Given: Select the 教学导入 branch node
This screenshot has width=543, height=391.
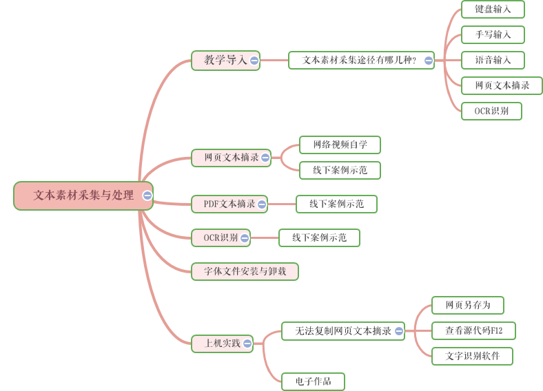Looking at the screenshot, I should click(221, 60).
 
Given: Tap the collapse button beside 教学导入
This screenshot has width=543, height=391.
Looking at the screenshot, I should click(254, 61).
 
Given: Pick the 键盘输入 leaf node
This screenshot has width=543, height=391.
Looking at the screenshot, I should click(493, 9).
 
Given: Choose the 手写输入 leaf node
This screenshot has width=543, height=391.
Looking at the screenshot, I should click(493, 34).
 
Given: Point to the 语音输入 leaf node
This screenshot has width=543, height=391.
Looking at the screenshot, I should click(493, 60).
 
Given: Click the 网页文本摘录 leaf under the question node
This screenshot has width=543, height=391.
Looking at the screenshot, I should click(502, 85).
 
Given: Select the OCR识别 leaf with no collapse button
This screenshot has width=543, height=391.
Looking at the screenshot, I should click(491, 111).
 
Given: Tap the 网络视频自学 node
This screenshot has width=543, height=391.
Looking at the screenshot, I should click(340, 145).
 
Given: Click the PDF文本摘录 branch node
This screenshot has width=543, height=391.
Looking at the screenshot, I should click(225, 204).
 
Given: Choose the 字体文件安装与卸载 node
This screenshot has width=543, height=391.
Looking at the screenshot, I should click(245, 271).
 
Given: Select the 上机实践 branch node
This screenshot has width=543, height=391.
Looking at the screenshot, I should click(218, 343).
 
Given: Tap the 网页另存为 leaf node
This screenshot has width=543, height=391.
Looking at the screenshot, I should click(467, 305).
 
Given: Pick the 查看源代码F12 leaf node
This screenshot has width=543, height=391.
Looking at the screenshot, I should click(473, 330).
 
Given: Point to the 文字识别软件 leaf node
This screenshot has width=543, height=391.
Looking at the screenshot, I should click(472, 356).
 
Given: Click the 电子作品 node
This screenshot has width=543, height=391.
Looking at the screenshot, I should click(313, 381).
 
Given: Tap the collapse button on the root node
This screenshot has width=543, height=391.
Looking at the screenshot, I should click(147, 195).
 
